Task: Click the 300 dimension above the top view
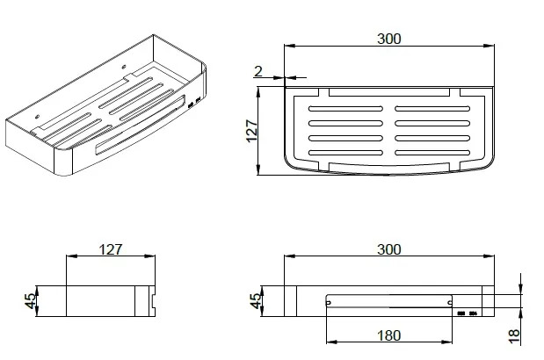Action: tap(389, 39)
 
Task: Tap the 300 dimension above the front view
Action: tap(389, 249)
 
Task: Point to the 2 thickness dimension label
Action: tap(258, 72)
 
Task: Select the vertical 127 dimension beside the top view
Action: tap(252, 131)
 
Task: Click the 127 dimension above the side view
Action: tap(111, 249)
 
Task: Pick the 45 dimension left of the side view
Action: tap(31, 301)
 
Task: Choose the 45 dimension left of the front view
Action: tap(256, 301)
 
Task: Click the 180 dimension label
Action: tap(389, 335)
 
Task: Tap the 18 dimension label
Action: tap(514, 337)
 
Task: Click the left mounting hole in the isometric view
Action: tap(38, 117)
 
